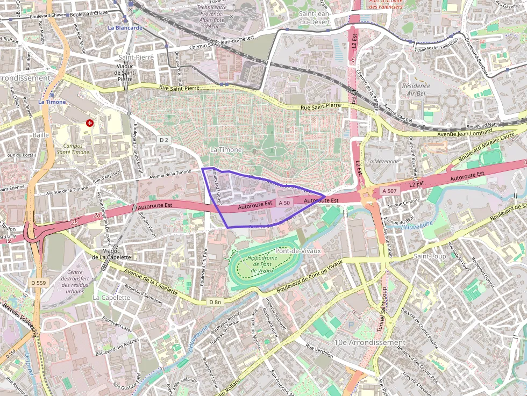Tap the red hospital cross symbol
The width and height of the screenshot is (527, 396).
(90, 123)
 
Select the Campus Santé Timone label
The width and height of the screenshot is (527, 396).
(77, 149)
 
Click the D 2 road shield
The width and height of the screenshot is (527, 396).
(164, 140)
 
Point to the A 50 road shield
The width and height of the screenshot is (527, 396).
(284, 203)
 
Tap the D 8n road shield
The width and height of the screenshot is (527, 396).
(215, 303)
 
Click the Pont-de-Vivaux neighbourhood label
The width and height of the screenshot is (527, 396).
(297, 250)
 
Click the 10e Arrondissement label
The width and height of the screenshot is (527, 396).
(369, 342)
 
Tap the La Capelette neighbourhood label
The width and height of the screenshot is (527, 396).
(111, 297)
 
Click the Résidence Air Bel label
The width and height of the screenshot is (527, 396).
(416, 89)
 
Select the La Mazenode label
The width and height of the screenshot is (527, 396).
(383, 161)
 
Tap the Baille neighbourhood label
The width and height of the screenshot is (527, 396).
(40, 135)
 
